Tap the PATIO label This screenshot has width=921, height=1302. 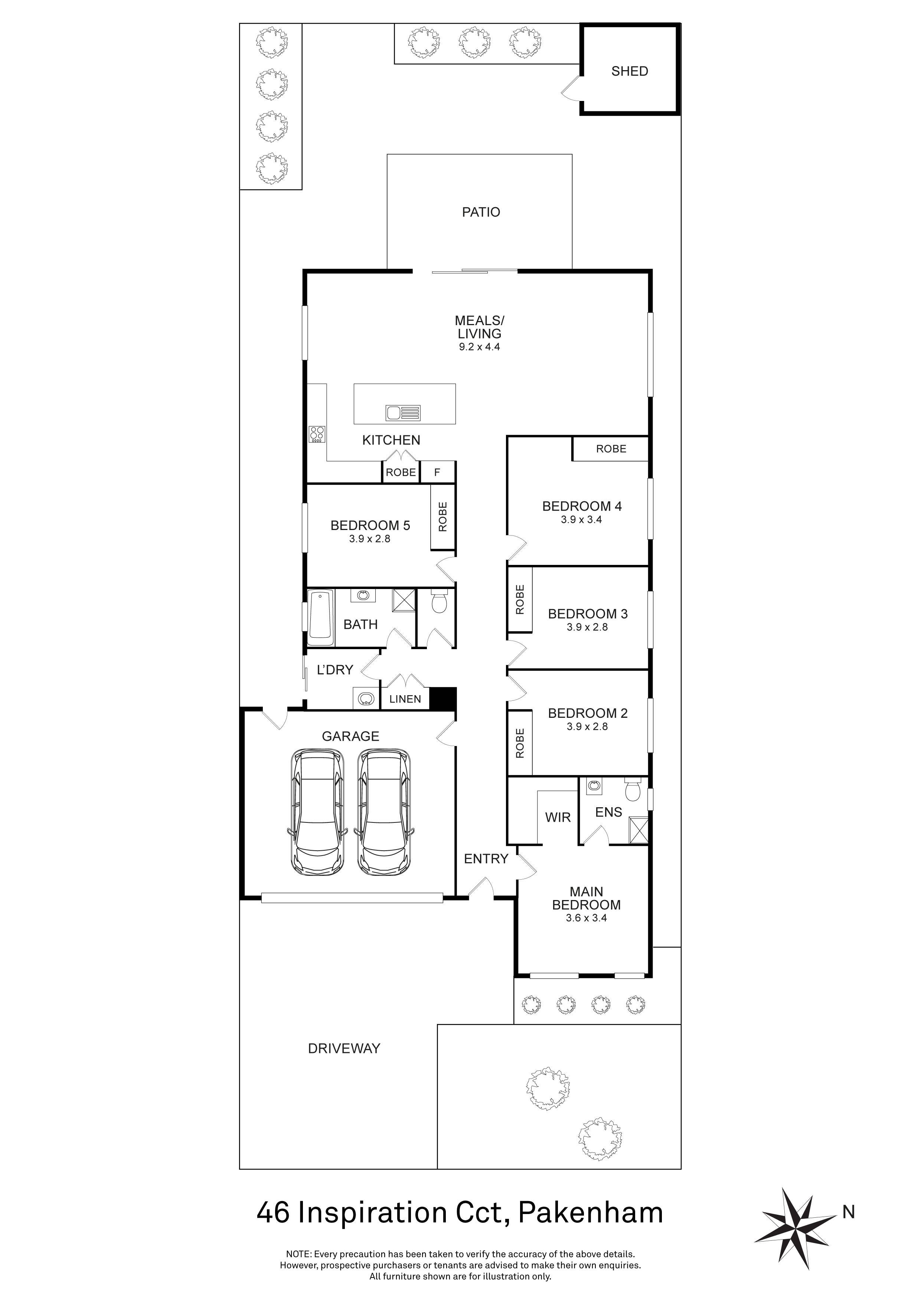[481, 212]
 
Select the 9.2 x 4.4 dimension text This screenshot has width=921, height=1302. [479, 347]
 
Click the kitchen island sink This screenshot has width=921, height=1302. [403, 413]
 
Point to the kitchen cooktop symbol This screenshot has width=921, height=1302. [316, 434]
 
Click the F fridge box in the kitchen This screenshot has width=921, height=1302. [437, 472]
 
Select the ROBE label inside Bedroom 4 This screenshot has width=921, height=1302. [611, 449]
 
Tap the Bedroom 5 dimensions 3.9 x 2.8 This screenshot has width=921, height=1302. [370, 539]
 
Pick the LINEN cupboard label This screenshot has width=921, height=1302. [405, 699]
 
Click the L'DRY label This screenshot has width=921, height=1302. [334, 670]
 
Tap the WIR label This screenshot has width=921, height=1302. [558, 817]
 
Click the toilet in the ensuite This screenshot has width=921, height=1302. [632, 789]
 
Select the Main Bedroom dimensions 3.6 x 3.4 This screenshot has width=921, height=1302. [586, 917]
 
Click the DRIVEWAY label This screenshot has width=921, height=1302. [344, 1049]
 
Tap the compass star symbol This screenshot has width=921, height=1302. [798, 1228]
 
